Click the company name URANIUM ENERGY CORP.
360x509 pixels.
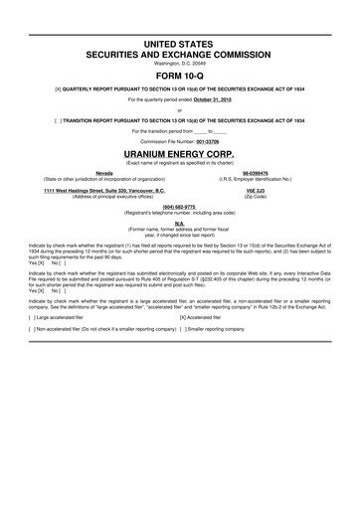[179, 156]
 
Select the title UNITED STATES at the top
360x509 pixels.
[179, 32]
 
